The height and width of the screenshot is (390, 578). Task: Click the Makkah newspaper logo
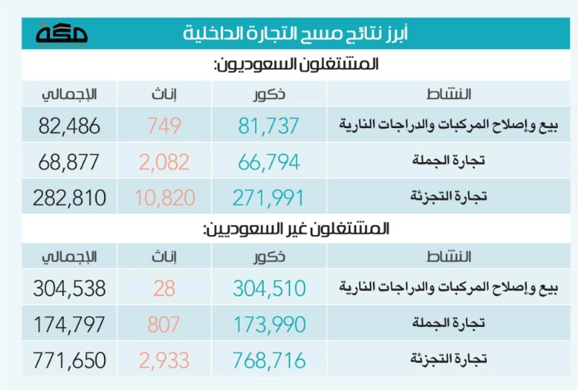61,34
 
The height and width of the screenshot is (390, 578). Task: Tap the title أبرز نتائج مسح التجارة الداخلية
296,33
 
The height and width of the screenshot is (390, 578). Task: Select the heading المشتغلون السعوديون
296,64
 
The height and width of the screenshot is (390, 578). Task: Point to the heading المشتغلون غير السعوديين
296,229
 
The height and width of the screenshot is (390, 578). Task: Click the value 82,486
69,126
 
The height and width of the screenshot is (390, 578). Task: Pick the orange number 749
165,126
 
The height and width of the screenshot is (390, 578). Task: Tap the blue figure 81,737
268,126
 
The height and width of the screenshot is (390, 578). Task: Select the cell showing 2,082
164,162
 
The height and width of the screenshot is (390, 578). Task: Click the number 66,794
269,162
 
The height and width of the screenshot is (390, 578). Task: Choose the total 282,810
69,198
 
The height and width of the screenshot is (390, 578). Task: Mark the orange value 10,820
165,198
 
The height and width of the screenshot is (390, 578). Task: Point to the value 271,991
268,198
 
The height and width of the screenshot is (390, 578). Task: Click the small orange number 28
165,288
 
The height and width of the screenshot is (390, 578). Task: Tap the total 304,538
69,288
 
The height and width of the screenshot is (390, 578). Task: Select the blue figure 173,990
269,324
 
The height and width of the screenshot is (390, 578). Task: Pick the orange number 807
164,324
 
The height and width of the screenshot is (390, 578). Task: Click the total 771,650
69,360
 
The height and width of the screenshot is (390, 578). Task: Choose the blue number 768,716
269,360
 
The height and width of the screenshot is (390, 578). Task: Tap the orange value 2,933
164,360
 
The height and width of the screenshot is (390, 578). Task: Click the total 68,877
69,162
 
